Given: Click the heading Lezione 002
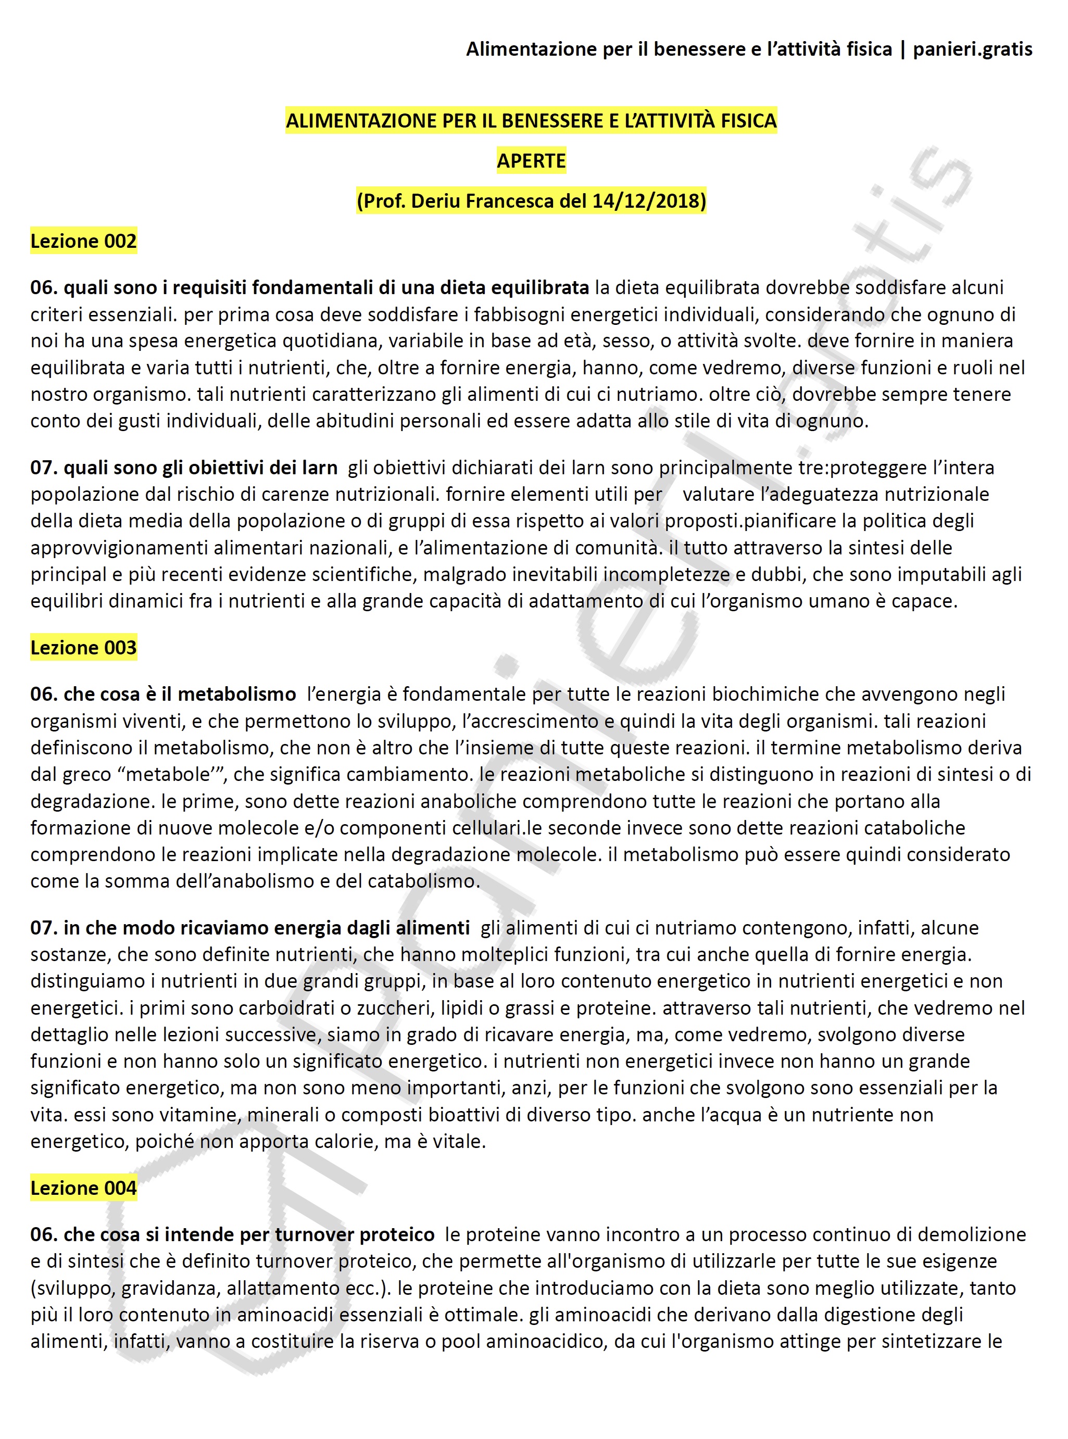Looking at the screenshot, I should (83, 241).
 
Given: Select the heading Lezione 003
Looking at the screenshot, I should (83, 647).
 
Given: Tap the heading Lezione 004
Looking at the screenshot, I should (83, 1188).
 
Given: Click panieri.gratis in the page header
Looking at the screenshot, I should (972, 49).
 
